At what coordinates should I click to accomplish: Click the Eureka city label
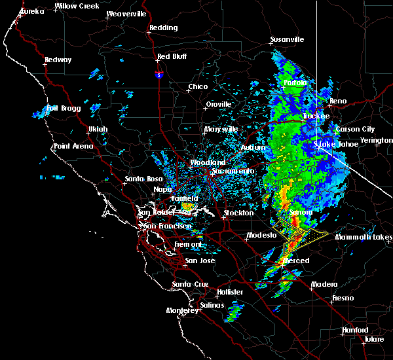click(x=32, y=11)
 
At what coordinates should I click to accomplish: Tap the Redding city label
click(x=163, y=27)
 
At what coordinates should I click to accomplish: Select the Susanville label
click(x=288, y=39)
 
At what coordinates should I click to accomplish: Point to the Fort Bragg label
click(x=62, y=108)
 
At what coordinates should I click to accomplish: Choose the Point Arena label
click(x=73, y=146)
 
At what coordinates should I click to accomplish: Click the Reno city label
click(x=338, y=101)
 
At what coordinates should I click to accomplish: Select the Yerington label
click(x=378, y=140)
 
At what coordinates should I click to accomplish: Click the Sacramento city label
click(x=233, y=171)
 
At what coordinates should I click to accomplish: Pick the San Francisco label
click(x=167, y=226)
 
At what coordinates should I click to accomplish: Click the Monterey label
click(x=181, y=310)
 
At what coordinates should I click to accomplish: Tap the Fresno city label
click(x=343, y=298)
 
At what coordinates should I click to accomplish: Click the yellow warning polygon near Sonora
click(x=301, y=236)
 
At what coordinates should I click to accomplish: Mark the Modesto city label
click(x=261, y=235)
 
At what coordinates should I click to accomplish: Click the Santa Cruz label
click(x=190, y=284)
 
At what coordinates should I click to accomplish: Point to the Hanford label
click(x=356, y=330)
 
